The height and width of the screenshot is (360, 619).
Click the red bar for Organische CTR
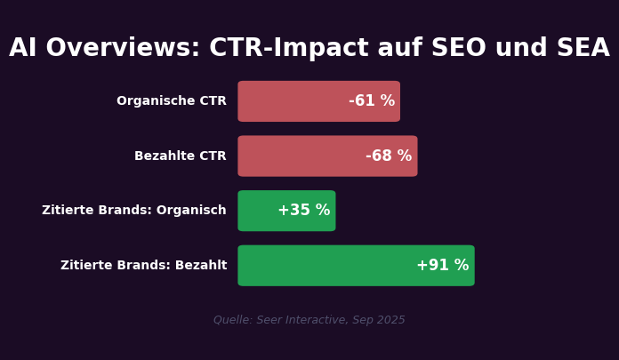pos(293,101)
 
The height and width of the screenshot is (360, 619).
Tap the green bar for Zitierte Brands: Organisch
pos(258,211)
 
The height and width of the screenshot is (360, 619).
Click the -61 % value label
pos(372,101)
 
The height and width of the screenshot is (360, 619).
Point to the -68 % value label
pos(389,156)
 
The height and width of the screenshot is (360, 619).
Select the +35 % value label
pos(304,211)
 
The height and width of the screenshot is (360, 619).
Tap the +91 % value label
pos(443,266)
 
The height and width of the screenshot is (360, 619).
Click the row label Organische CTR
pos(172,101)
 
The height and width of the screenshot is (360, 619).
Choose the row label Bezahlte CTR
pos(181,156)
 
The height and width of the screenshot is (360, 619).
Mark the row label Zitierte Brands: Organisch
pos(134,211)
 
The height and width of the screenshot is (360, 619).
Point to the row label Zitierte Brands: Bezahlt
pos(144,266)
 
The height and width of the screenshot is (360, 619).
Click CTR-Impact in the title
pos(294,49)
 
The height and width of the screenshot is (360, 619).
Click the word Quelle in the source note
pos(231,320)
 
